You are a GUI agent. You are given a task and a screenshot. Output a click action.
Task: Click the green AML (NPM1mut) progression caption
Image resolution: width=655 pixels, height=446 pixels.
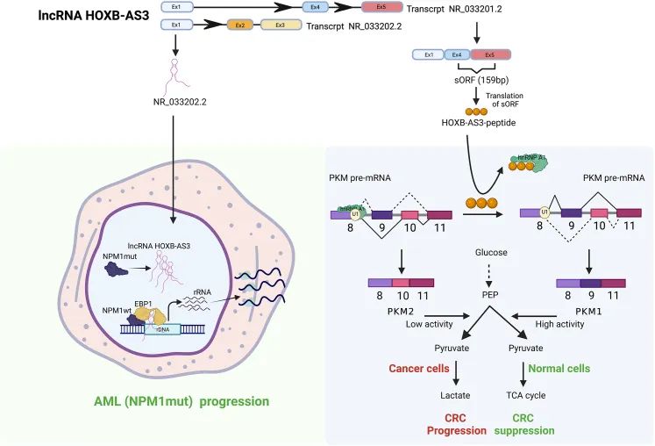click(x=180, y=401)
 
